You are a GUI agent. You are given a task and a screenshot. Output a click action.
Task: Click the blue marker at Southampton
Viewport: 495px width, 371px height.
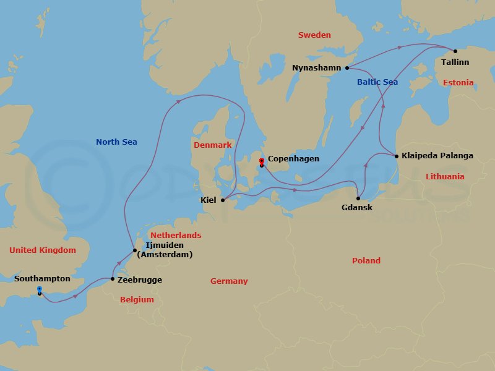coord(39,289)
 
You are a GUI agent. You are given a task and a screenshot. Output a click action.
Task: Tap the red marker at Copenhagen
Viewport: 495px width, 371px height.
coord(261,161)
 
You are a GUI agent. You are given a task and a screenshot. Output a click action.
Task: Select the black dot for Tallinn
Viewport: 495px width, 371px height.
coord(455,51)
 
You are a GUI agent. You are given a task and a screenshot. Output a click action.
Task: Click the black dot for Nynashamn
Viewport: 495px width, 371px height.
coord(347,68)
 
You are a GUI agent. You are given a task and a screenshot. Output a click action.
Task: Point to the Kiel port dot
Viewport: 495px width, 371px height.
coord(223,200)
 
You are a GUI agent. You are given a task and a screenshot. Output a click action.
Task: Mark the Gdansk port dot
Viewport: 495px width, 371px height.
coord(358,198)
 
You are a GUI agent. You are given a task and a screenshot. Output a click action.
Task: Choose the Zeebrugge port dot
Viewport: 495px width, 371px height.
coord(112,279)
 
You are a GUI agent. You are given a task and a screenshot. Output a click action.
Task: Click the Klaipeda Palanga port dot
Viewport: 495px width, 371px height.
coord(396,156)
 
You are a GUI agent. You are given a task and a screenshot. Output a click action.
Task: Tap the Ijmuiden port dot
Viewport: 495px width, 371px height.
coord(134,250)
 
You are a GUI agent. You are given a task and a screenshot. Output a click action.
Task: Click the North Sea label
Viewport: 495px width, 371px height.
coord(116,142)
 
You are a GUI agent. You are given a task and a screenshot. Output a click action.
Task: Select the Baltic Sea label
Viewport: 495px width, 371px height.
coord(377,82)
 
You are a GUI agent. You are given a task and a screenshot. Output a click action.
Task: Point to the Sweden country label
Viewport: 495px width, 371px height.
coord(314,35)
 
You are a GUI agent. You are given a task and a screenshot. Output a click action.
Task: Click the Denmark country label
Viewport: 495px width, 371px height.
coord(212,145)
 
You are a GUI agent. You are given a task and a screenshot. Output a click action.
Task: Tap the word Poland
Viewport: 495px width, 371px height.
coord(366,261)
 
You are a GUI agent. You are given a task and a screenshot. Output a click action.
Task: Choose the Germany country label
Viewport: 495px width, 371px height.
coord(229,281)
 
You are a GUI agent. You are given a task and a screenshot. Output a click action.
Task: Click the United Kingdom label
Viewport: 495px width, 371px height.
coord(43,250)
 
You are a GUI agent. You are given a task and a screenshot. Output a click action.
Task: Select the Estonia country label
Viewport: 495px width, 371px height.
coord(458,83)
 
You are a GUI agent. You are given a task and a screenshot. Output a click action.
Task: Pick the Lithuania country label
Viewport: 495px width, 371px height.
coord(445,177)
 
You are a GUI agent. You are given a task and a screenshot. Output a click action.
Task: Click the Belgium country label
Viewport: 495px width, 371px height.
coord(137,300)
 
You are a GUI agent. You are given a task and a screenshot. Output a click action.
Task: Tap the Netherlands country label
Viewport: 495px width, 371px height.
coord(176,236)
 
